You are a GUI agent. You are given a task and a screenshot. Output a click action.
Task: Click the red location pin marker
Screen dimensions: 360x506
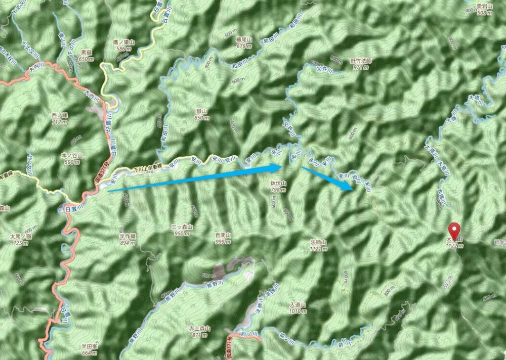pyautogui.click(x=455, y=231)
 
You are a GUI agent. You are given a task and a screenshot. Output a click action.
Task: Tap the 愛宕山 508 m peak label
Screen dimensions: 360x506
pyautogui.click(x=484, y=9)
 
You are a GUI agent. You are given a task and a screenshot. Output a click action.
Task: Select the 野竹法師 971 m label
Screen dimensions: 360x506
pyautogui.click(x=361, y=63)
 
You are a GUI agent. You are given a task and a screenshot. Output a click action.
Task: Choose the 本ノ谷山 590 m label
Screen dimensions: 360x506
pyautogui.click(x=70, y=158)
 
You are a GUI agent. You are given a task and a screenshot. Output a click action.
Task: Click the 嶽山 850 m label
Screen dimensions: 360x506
pyautogui.click(x=201, y=114)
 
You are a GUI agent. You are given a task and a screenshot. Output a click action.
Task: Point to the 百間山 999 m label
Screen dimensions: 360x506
pyautogui.click(x=223, y=238)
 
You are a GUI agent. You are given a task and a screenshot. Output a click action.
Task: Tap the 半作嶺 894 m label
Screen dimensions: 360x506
pyautogui.click(x=126, y=239)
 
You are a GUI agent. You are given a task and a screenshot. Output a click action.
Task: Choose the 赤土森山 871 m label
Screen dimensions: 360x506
pyautogui.click(x=199, y=331)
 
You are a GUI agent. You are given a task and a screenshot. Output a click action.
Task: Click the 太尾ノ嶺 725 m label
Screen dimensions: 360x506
pyautogui.click(x=20, y=239)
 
